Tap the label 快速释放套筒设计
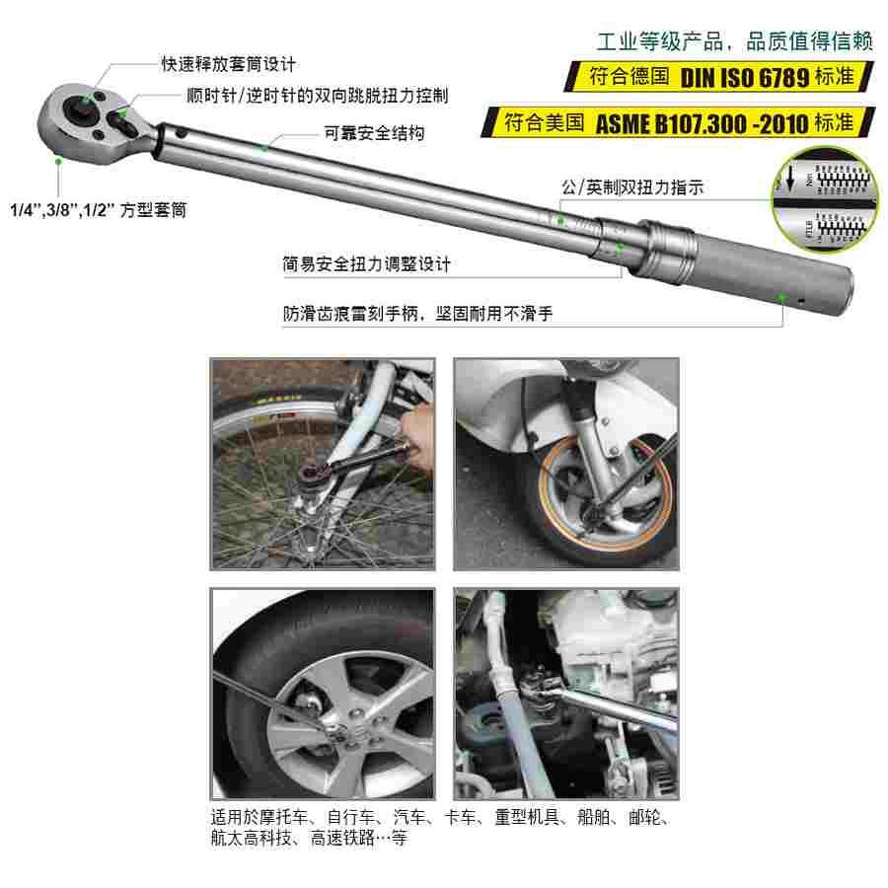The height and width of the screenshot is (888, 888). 229,64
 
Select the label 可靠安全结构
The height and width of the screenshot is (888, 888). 374,133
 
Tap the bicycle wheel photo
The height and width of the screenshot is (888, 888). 323,464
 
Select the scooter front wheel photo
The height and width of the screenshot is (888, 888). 565,464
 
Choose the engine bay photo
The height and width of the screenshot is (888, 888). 565,694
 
